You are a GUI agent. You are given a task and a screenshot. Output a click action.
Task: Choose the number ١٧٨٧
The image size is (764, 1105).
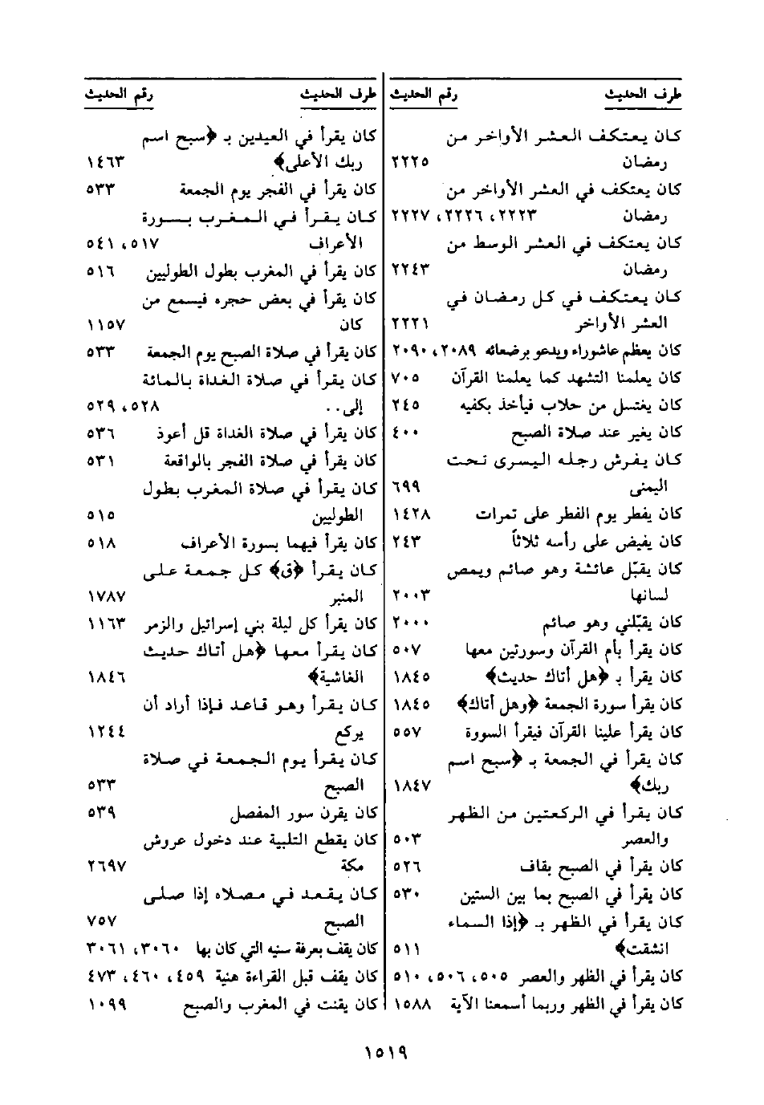104,595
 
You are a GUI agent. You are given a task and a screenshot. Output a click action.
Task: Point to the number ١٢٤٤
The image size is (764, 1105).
104,732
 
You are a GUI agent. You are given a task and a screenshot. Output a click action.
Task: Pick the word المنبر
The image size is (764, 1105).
347,595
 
